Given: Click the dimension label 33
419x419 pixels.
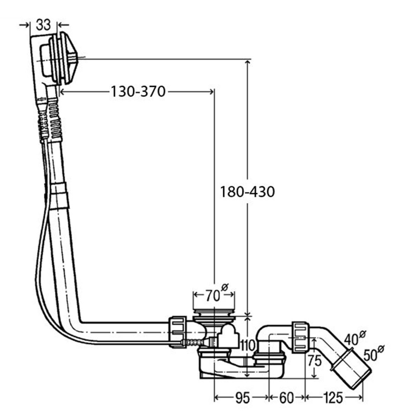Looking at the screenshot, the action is coord(43,25).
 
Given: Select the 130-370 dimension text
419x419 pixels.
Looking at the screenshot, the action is coord(138,91).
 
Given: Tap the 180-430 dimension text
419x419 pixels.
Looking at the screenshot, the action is coord(248,192).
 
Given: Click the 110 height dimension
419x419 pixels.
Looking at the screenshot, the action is coord(248,345).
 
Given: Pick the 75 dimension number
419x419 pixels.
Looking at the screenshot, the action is coord(315,361).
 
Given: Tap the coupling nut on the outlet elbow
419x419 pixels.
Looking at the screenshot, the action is coord(300,338).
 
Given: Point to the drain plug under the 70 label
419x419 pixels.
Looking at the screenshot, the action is coord(214,315).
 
